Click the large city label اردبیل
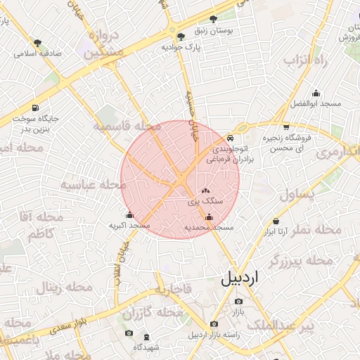click(x=240, y=277)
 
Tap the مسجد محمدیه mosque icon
click(x=208, y=217)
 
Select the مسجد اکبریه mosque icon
click(x=129, y=215)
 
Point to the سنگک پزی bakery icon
click(x=206, y=191)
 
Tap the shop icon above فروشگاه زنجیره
click(x=285, y=127)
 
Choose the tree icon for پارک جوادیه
click(x=181, y=36)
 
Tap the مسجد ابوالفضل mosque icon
click(x=316, y=92)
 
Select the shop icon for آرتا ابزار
click(x=276, y=221)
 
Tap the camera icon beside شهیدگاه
click(x=128, y=333)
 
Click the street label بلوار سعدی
click(x=67, y=324)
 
